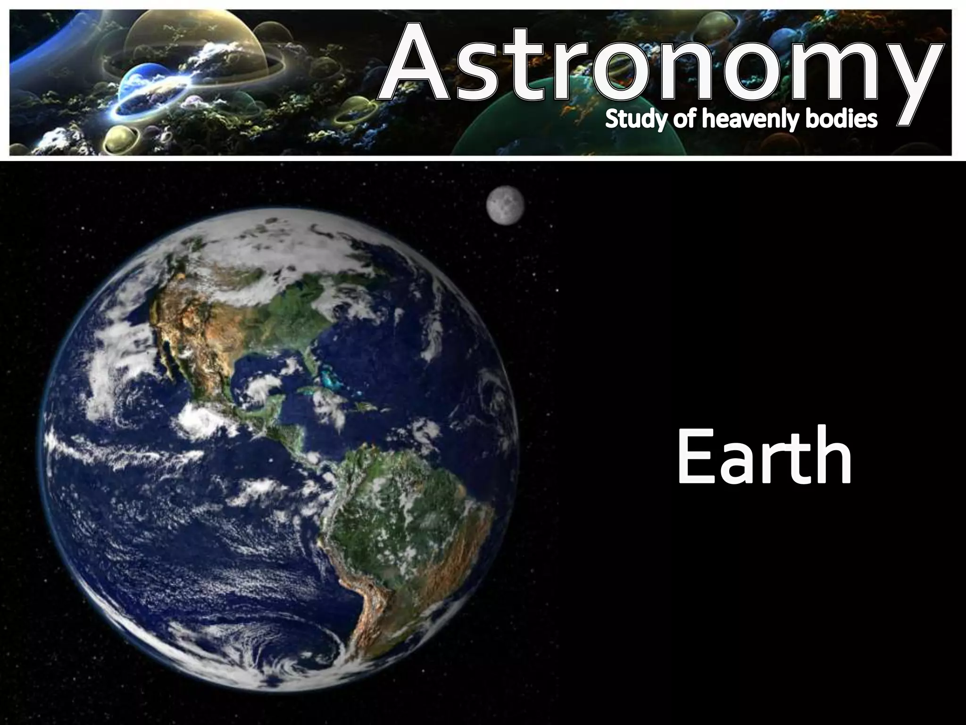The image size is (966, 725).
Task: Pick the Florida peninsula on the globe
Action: (309, 359)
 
